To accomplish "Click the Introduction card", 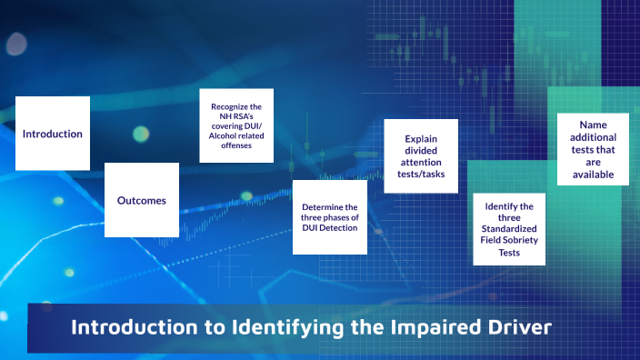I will click(x=53, y=134).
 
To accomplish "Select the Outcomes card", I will click(x=142, y=200).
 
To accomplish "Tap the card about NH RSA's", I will click(x=236, y=125).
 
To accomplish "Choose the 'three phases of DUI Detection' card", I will click(x=330, y=217).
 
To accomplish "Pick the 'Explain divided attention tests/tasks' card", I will click(x=419, y=156).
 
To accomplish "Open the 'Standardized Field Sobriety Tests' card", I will click(x=509, y=230).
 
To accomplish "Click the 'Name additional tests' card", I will click(x=593, y=149).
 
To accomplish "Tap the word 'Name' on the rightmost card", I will click(x=593, y=124).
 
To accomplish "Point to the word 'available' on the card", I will click(x=593, y=175).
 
